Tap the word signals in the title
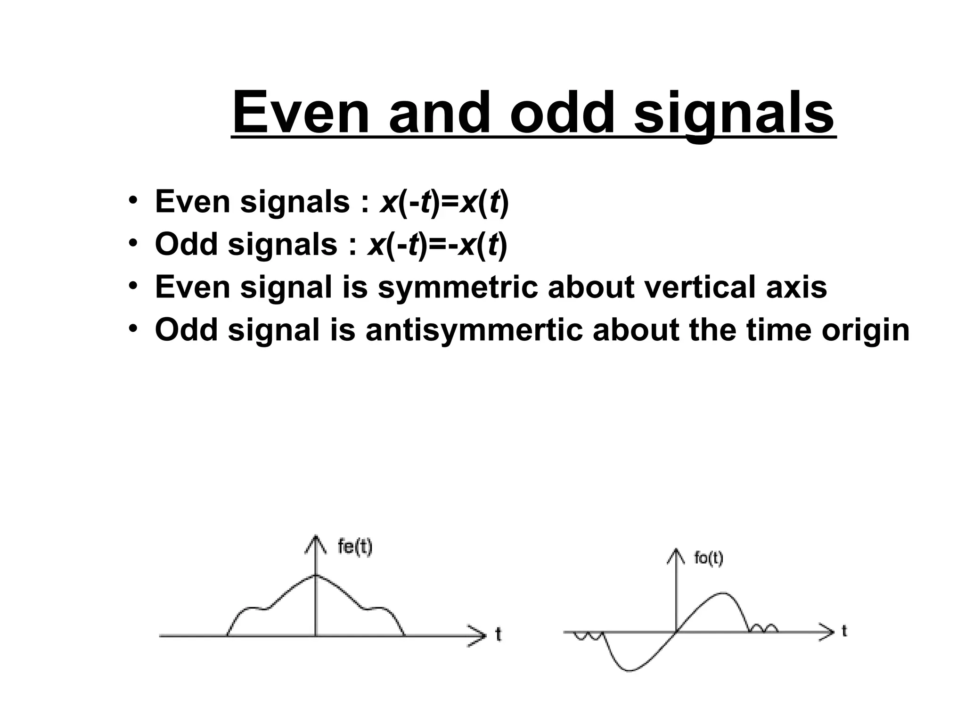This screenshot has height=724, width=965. click(734, 113)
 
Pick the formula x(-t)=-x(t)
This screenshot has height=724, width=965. click(437, 245)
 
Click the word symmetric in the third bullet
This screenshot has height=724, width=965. click(457, 287)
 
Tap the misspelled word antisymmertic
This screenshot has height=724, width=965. click(474, 330)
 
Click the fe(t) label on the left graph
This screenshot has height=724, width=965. click(355, 547)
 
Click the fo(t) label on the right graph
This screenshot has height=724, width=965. click(708, 558)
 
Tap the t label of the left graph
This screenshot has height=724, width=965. click(499, 635)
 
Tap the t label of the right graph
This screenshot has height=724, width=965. click(844, 631)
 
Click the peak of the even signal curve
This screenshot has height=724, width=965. click(315, 575)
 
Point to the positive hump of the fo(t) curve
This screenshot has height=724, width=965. click(723, 593)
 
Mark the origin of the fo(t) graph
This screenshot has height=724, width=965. click(676, 631)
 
